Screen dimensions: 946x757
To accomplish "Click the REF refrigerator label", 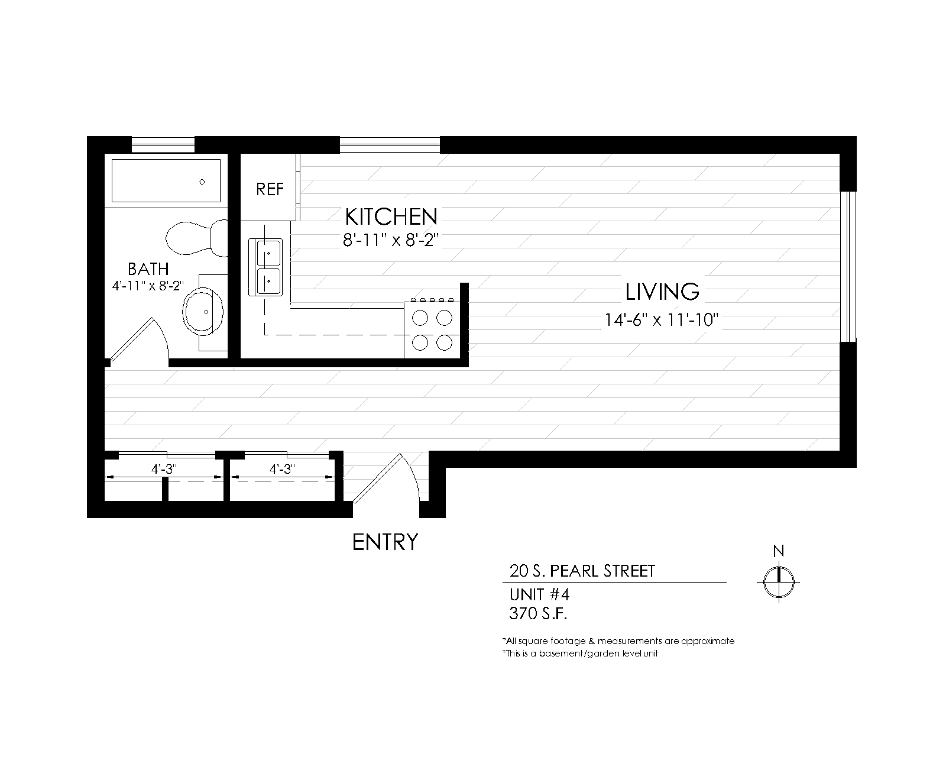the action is (270, 190).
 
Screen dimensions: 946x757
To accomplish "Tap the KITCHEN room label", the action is (391, 217).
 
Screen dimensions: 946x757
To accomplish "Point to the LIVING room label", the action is (662, 292).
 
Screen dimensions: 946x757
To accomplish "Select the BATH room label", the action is (148, 268).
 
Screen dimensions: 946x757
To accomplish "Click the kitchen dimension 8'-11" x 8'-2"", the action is (391, 241).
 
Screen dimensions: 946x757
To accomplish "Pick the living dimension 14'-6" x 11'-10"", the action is (661, 320).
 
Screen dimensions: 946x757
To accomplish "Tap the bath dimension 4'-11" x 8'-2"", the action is (148, 286).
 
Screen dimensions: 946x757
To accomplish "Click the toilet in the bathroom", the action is (196, 238).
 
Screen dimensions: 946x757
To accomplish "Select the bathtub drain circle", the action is (202, 182).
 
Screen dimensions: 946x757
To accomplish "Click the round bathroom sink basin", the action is (203, 312).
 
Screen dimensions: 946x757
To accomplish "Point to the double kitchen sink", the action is (265, 267).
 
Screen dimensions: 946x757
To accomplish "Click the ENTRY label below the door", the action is (385, 542).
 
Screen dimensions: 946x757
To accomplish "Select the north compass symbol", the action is (779, 581).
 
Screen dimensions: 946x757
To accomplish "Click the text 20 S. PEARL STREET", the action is (582, 571).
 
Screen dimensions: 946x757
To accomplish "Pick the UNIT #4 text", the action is (539, 595).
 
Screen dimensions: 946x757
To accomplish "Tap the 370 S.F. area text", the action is (538, 613).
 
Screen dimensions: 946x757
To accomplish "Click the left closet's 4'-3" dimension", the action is (164, 470).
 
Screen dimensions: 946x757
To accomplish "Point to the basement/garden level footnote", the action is (580, 653).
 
